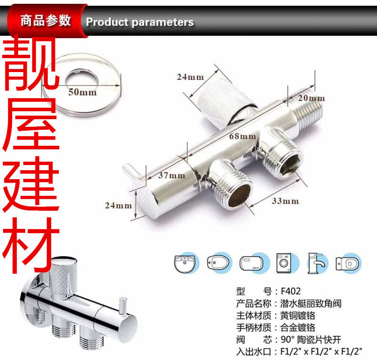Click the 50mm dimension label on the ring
(x=82, y=92)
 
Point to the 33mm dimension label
(x=285, y=201)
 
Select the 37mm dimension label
(x=171, y=175)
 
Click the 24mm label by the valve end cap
(x=118, y=206)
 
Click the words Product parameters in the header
(x=140, y=22)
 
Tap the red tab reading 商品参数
(x=45, y=21)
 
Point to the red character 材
(x=31, y=243)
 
